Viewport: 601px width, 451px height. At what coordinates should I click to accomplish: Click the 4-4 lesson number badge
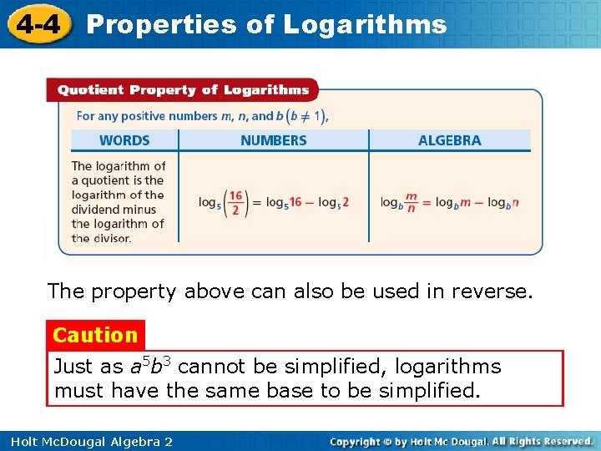(37, 23)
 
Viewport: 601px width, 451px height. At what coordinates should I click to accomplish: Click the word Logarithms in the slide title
(365, 24)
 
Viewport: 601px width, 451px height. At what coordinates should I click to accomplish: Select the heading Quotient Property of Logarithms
(178, 90)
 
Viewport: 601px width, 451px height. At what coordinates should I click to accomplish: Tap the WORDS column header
(124, 140)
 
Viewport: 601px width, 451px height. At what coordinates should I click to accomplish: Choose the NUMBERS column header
(273, 140)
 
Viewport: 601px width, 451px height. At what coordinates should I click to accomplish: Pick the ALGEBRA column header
(449, 140)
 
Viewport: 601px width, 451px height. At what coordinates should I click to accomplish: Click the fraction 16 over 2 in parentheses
(235, 203)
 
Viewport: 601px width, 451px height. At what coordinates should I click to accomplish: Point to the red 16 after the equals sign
(295, 202)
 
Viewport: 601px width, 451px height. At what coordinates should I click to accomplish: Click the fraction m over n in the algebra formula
(410, 203)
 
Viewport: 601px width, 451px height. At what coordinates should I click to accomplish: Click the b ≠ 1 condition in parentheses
(306, 115)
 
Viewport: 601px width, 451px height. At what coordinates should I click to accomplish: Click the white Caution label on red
(95, 335)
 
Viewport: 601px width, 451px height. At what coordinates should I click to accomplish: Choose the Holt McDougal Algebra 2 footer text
(88, 441)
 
